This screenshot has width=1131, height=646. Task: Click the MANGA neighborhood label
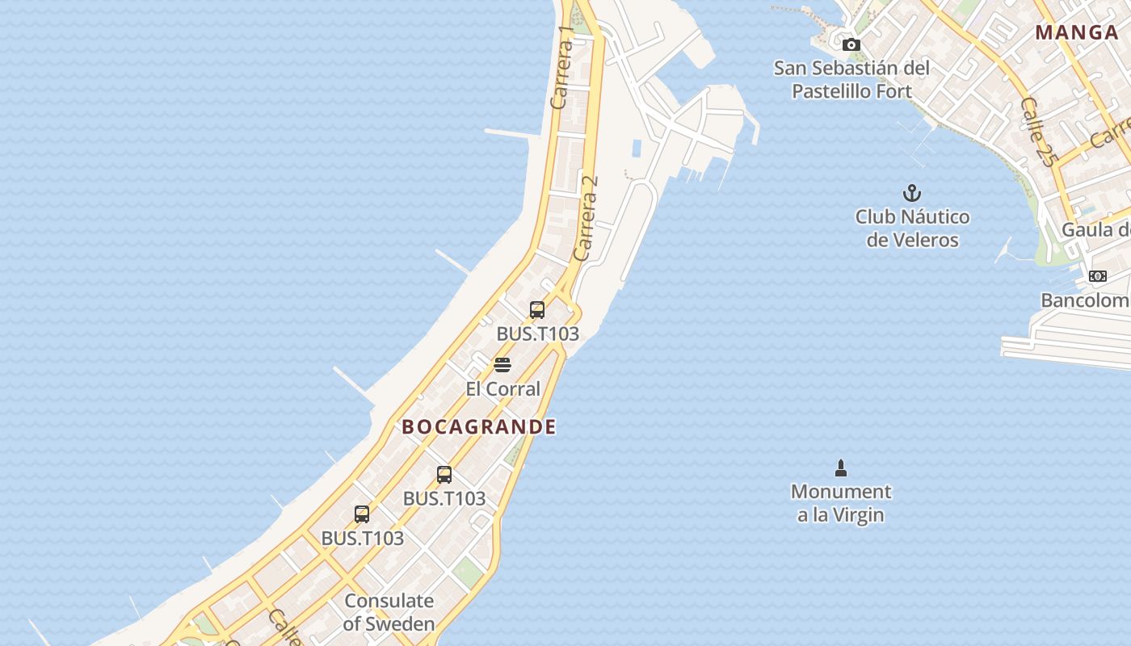tap(1076, 33)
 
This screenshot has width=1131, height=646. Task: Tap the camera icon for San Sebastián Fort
tap(851, 45)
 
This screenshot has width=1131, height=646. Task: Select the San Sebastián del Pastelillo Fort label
tap(851, 79)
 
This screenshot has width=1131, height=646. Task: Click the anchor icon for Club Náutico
tap(911, 193)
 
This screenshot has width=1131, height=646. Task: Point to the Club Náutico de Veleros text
tap(912, 229)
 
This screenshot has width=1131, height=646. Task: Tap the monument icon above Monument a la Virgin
tap(841, 468)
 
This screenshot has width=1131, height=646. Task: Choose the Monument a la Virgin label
tap(841, 503)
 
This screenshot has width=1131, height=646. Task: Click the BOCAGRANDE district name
tap(479, 427)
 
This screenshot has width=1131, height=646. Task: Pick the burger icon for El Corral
tap(502, 365)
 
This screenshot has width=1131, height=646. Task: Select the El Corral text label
tap(502, 389)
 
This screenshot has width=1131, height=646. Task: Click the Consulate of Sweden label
tap(389, 612)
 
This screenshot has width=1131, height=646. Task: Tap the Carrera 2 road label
tap(587, 218)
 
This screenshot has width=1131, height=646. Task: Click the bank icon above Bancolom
tap(1097, 276)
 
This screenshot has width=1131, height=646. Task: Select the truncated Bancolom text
tap(1085, 300)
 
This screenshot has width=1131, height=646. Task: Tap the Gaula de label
tap(1095, 229)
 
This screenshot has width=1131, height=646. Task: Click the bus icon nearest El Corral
tap(537, 309)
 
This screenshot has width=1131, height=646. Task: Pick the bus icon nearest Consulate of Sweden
tap(362, 514)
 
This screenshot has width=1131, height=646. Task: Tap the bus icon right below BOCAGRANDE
tap(444, 475)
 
